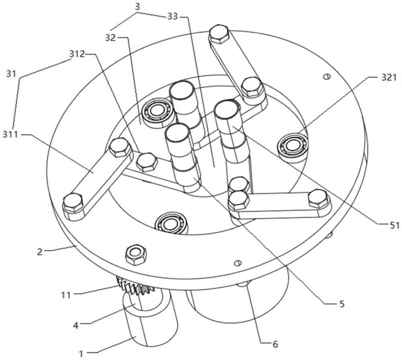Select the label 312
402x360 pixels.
click(x=77, y=54)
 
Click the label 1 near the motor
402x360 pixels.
click(x=82, y=354)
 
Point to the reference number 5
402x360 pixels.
click(x=341, y=304)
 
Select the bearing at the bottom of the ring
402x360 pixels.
click(x=169, y=222)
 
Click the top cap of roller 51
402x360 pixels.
click(x=226, y=110)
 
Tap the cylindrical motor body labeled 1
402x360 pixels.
click(x=151, y=322)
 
